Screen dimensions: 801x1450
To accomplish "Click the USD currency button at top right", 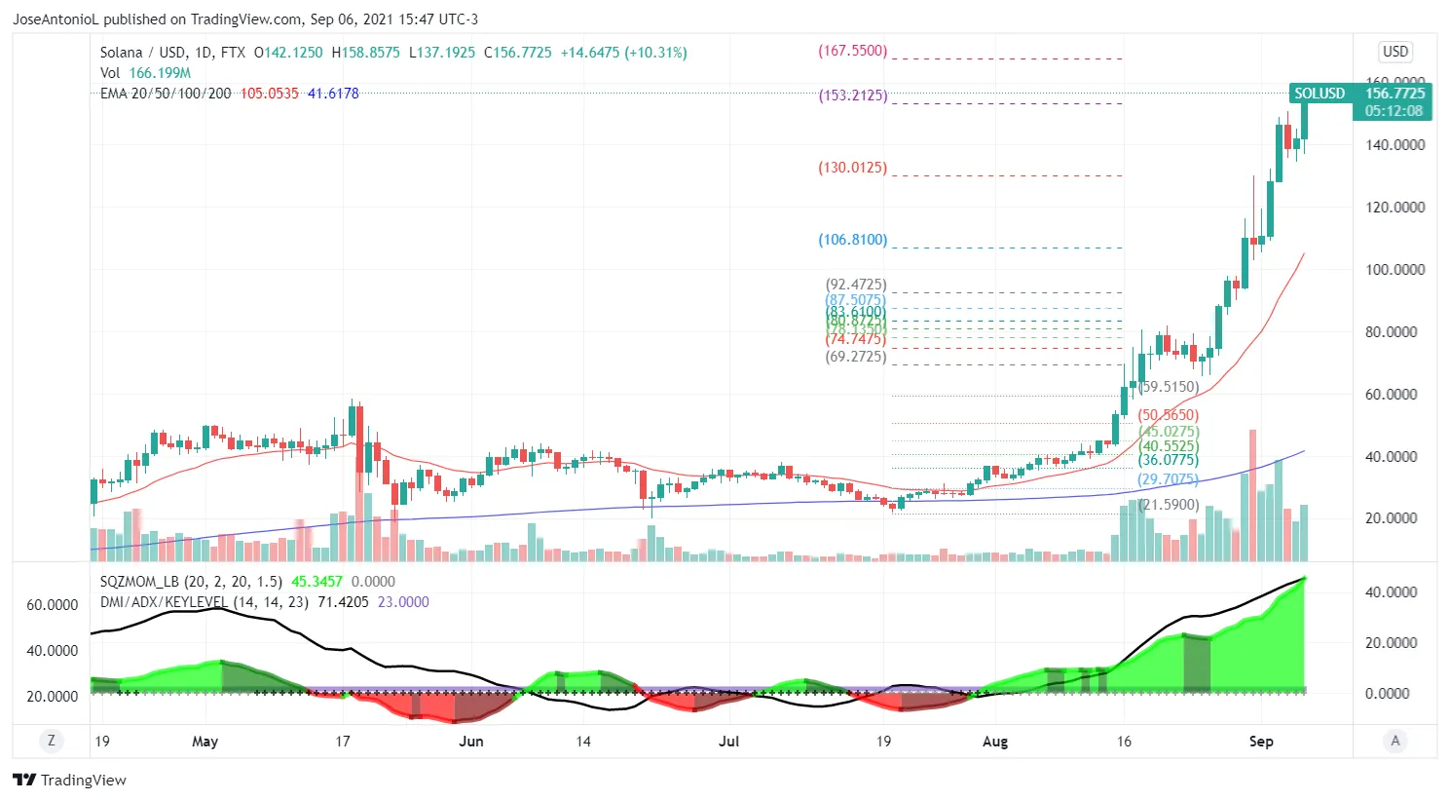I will tap(1394, 52).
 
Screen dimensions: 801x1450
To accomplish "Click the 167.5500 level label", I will tap(852, 51).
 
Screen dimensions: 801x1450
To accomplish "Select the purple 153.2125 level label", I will tap(852, 95).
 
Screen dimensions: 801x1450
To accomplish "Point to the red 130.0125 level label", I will tap(852, 168).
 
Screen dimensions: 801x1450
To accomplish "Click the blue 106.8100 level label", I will tap(852, 240).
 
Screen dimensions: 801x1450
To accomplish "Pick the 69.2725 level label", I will tap(856, 357).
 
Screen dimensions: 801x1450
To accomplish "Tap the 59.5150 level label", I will tap(1169, 387).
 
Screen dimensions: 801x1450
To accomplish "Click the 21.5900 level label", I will tap(1169, 505).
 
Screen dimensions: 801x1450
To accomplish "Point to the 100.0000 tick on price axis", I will tap(1394, 270).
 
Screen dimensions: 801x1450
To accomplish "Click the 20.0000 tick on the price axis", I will tap(1394, 518).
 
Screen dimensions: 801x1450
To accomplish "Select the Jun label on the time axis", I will tap(470, 742).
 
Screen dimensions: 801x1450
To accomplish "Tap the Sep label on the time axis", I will tap(1261, 742).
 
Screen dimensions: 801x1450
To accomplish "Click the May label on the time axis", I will tap(204, 742).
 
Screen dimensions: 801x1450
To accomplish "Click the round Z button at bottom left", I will tap(52, 742).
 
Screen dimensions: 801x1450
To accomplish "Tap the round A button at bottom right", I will tap(1394, 742).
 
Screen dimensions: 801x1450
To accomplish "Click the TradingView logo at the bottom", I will tap(69, 781).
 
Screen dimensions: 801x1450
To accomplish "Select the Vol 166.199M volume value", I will tap(160, 73).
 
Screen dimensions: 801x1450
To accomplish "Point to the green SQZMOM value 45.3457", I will tap(316, 582).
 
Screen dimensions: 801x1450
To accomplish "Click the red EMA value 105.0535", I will tap(269, 94).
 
